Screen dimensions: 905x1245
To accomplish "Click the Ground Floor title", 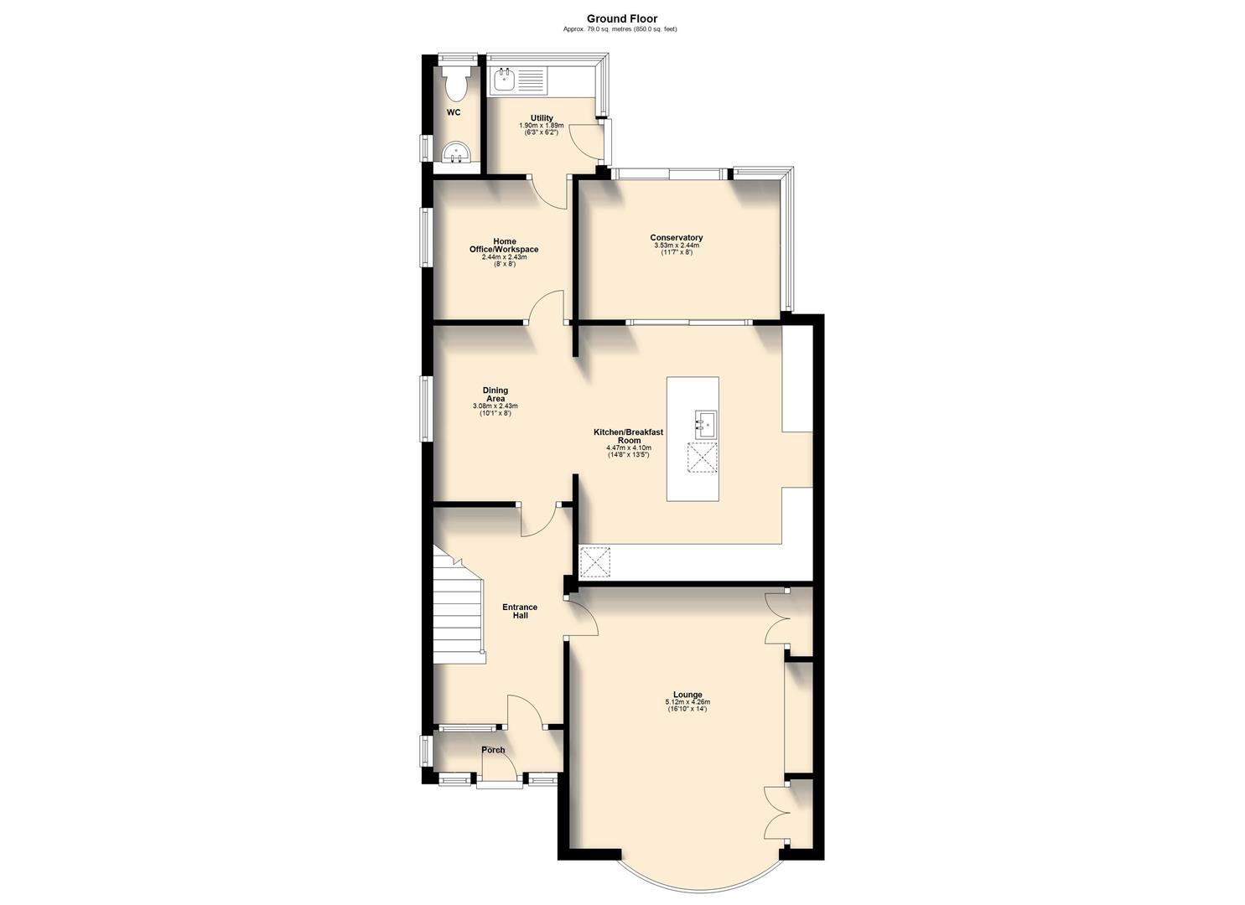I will tap(621, 18).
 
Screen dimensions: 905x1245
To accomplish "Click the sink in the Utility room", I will tap(505, 80).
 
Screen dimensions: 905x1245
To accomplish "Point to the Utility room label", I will tap(542, 118).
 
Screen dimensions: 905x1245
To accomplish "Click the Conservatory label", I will tap(677, 237).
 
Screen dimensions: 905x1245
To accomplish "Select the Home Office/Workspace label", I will tap(504, 246).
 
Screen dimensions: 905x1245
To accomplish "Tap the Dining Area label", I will tap(495, 395).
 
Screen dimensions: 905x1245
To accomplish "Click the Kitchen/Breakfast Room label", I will tap(628, 436).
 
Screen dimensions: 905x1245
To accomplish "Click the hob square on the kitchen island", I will tap(702, 458).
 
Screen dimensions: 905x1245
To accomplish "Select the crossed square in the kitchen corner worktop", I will tap(595, 561).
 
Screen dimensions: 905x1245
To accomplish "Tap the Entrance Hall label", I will tap(520, 611).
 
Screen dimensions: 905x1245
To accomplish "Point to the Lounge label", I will tap(687, 695).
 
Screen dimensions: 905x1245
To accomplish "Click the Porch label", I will tap(493, 750).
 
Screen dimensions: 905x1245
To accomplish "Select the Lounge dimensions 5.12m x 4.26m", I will tap(687, 702).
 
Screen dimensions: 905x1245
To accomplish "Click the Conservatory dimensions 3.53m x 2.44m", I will tap(677, 246).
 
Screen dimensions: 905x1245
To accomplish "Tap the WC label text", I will tap(454, 112).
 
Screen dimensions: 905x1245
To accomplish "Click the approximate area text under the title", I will tap(621, 29).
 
